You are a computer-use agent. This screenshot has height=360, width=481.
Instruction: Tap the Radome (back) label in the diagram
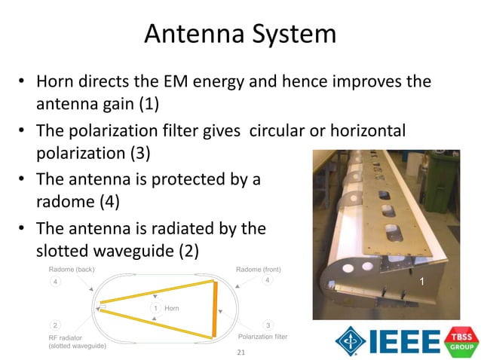(71, 270)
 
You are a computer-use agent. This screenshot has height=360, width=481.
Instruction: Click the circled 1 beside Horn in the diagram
(155, 309)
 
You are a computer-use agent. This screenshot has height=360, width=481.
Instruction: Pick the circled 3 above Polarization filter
(268, 325)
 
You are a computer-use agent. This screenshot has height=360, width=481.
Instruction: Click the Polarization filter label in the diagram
(262, 337)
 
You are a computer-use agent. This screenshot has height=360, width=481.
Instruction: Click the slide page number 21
(241, 352)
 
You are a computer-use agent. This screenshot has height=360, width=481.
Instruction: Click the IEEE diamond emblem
(350, 340)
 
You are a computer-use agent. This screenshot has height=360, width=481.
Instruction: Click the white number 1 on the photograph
(422, 281)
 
